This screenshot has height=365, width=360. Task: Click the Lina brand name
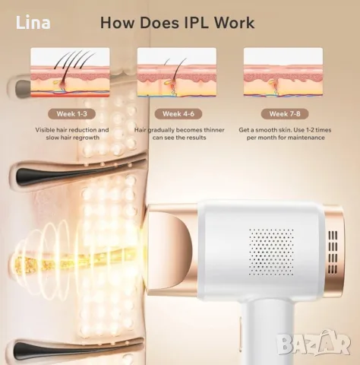(x=33, y=23)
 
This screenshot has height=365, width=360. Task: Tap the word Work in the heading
(x=235, y=23)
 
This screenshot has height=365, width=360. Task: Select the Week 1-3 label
(x=71, y=114)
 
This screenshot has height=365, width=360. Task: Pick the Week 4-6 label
(x=178, y=114)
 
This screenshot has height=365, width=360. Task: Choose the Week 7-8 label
(x=285, y=114)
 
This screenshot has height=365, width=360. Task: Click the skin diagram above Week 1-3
(x=70, y=72)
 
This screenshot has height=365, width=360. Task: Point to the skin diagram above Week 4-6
(x=177, y=72)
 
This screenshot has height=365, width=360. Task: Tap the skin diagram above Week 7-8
(x=283, y=72)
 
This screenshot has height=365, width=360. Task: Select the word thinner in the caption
(x=214, y=130)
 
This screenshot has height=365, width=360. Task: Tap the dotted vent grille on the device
(x=271, y=252)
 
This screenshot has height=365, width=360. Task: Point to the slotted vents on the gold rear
(x=333, y=252)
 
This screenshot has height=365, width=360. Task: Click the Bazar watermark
(x=314, y=343)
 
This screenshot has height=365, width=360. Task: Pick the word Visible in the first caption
(x=45, y=130)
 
